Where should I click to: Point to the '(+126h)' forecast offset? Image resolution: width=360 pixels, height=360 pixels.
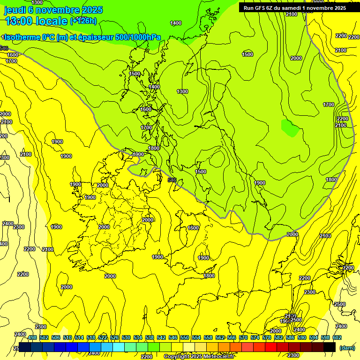83,21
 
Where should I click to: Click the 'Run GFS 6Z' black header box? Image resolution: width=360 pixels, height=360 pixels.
295,7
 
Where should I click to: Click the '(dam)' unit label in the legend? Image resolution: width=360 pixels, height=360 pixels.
347,347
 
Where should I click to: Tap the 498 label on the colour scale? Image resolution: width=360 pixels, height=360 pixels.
32,337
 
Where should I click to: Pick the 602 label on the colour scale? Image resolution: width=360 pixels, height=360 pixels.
337,337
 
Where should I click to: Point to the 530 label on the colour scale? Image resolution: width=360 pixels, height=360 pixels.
126,337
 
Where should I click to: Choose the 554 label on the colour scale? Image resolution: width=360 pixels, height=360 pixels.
196,337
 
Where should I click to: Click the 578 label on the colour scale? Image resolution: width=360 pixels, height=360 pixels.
267,337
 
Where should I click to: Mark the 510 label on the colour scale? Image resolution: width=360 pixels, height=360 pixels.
67,337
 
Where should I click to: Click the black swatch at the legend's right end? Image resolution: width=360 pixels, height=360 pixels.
330,347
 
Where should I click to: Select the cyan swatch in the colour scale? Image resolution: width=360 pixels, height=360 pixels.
119,347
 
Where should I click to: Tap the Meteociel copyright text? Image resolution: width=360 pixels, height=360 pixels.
199,357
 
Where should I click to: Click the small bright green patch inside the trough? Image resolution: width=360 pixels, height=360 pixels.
289,127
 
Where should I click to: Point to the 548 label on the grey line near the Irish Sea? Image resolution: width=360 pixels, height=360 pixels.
172,180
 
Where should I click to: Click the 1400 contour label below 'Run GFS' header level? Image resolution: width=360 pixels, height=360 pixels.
176,23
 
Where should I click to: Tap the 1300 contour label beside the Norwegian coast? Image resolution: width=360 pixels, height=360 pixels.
182,91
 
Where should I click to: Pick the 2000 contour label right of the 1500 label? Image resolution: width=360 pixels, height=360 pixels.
296,58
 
